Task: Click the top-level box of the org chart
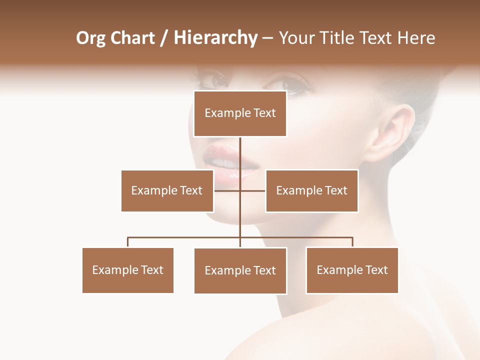point(240,113)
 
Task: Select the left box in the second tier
point(167,190)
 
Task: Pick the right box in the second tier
point(311,190)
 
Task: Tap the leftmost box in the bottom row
point(127,270)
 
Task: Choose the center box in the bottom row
point(240,270)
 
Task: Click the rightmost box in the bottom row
point(352,270)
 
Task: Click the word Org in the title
point(90,38)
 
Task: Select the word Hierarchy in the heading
point(215,38)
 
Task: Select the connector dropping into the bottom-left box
point(128,242)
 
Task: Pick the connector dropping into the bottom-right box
point(352,242)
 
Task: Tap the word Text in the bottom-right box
point(376,270)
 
